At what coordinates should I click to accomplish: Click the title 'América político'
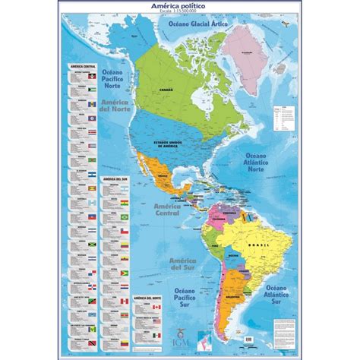[180, 7]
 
